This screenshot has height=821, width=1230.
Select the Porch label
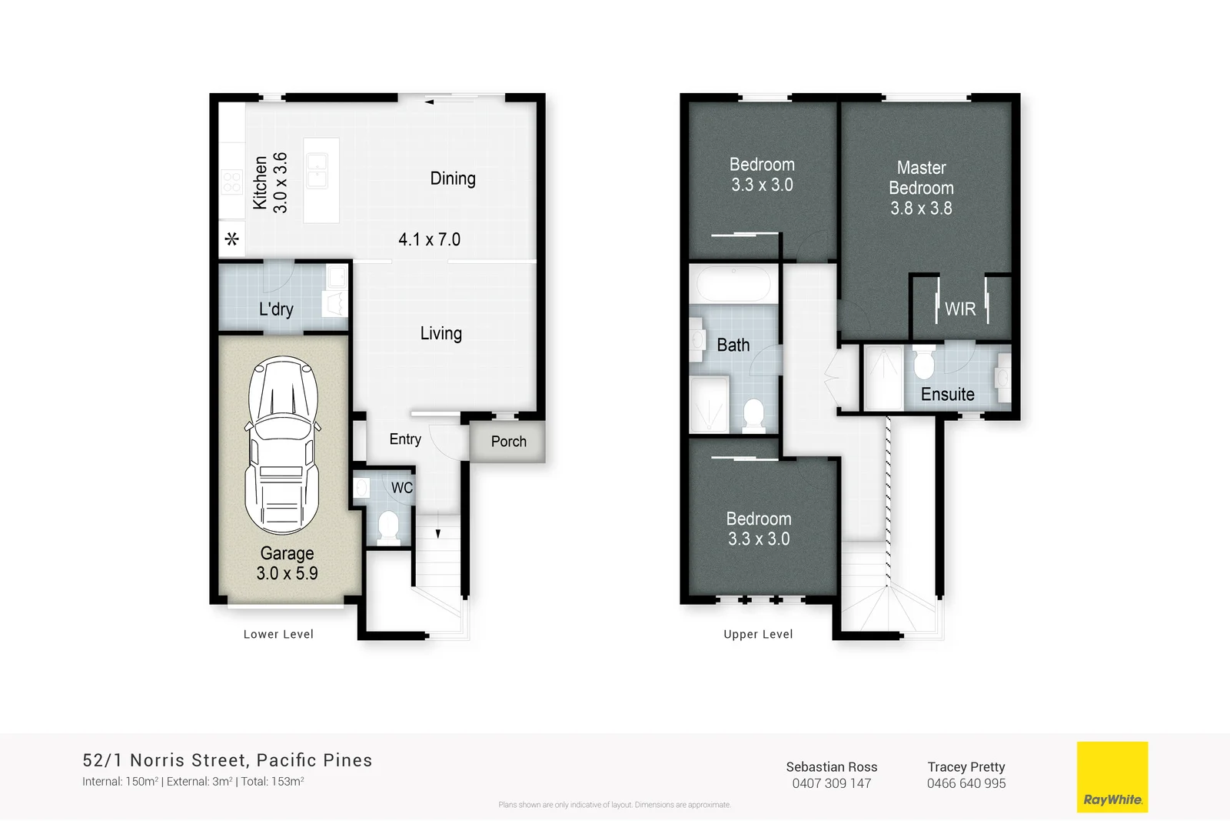[x=509, y=442]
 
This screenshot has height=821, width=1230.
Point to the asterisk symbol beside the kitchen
[x=232, y=239]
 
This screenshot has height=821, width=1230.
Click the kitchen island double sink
[x=317, y=170]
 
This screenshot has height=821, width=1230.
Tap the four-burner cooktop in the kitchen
[x=231, y=182]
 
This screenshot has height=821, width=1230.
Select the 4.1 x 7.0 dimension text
[x=429, y=239]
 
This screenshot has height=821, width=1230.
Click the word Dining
[x=453, y=179]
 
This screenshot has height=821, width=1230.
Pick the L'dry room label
[x=276, y=309]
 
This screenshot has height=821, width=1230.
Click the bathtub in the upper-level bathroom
[x=733, y=284]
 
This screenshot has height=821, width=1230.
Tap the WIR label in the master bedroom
[x=960, y=309]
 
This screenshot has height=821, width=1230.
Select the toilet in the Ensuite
[x=924, y=363]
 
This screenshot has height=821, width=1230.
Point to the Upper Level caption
[x=758, y=634]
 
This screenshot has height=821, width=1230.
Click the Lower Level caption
[x=278, y=634]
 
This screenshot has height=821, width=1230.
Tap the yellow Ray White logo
[x=1112, y=776]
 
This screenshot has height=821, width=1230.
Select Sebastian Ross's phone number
[x=832, y=783]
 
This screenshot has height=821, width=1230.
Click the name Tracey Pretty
[x=966, y=766]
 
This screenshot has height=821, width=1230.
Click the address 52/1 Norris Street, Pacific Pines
[x=228, y=760]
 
